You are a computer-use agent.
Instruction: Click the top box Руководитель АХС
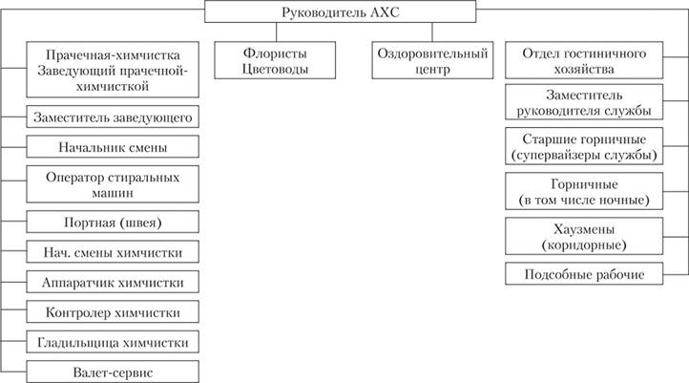(340, 11)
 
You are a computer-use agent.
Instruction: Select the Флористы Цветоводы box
(275, 60)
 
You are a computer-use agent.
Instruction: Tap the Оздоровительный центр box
(432, 60)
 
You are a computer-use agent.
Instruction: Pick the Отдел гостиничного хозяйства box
(584, 60)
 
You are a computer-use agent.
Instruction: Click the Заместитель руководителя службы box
(584, 102)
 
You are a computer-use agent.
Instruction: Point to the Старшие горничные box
(584, 146)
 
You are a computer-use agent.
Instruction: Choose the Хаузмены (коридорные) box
(584, 236)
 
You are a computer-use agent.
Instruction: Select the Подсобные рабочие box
(584, 273)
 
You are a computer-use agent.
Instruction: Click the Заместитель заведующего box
(113, 117)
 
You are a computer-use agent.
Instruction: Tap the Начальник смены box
(113, 146)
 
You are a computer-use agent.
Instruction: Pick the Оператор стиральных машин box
(113, 184)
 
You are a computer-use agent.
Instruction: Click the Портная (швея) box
(113, 222)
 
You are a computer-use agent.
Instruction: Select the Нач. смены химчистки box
(113, 251)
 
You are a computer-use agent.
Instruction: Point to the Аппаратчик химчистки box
(113, 282)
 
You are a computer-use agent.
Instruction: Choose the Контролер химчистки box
(113, 311)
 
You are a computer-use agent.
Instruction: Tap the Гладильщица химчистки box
(113, 342)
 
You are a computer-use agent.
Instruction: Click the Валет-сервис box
(113, 372)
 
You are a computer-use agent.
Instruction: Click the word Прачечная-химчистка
(113, 55)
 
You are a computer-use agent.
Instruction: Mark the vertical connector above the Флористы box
(277, 32)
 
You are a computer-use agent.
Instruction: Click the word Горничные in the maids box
(584, 184)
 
